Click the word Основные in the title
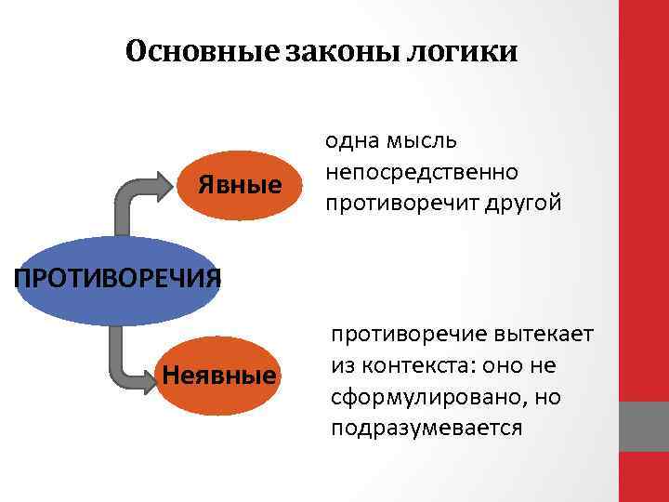(x=199, y=51)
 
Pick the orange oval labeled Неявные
(x=219, y=375)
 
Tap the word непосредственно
(x=421, y=172)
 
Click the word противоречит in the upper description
(x=400, y=203)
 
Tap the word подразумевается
(x=426, y=428)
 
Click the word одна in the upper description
(x=348, y=141)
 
